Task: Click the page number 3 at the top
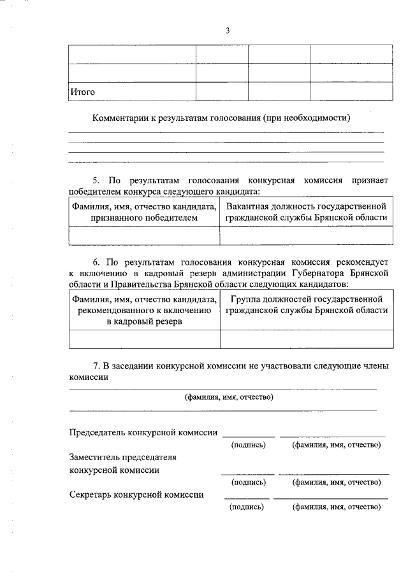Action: pos(227,31)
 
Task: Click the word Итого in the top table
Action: pos(83,92)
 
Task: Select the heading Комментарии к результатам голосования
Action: pos(222,118)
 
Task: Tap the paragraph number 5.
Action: pos(96,181)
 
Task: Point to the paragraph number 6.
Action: pos(96,262)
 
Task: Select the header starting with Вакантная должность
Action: pos(306,212)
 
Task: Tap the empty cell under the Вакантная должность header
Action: pos(306,236)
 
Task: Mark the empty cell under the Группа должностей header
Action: pos(306,340)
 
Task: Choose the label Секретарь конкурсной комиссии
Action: pos(136,495)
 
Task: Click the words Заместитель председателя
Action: pos(122,457)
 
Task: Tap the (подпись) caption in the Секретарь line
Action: pos(246,507)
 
